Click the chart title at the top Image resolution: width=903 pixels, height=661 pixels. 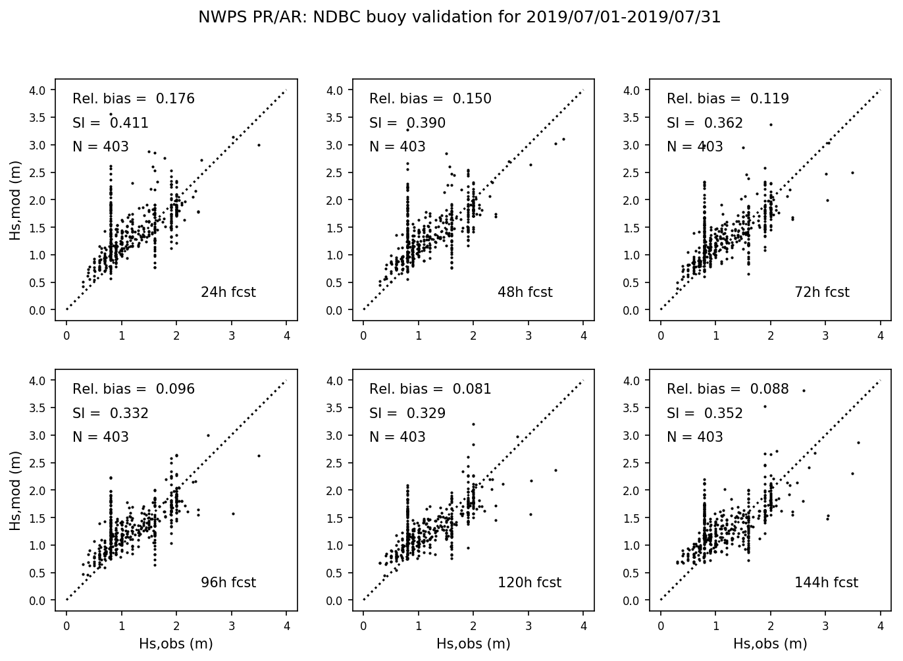tap(459, 18)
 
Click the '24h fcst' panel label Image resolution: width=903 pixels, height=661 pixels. tap(228, 292)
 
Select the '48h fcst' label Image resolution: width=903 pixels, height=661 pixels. tap(525, 292)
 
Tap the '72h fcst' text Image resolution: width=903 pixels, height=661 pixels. tap(822, 292)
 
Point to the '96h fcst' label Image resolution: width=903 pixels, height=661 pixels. tap(228, 583)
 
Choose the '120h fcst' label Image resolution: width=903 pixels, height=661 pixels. tap(529, 583)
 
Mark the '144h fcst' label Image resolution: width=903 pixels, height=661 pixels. tap(826, 583)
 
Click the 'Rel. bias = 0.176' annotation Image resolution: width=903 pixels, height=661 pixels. tap(134, 99)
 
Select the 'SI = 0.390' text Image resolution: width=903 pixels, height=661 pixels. tap(407, 123)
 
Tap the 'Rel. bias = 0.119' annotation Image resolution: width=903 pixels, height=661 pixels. tap(727, 99)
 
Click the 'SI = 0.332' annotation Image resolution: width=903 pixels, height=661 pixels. tap(111, 413)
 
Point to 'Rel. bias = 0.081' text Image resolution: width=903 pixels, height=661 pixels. tap(430, 389)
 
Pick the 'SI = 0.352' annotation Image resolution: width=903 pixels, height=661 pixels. tap(704, 413)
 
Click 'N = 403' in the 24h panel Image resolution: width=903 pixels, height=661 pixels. tap(101, 147)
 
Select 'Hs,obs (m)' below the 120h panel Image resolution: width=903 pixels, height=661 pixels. tap(473, 644)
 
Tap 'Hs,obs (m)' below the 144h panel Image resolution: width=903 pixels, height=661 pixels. tap(770, 644)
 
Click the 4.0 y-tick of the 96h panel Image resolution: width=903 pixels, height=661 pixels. tap(38, 381)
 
